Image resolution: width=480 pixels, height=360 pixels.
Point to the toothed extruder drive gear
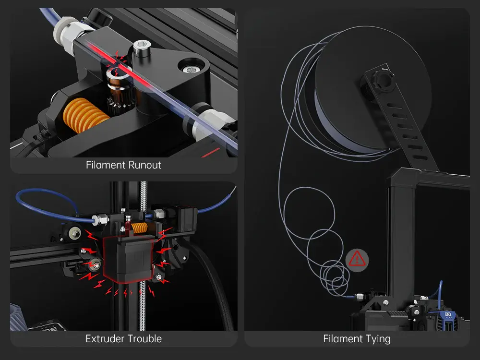click(x=120, y=99)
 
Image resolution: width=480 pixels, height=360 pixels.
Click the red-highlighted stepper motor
click(x=128, y=259)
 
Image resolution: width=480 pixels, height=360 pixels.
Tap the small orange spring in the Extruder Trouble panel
click(x=140, y=227)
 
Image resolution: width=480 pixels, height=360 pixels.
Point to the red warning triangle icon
click(x=357, y=259)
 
